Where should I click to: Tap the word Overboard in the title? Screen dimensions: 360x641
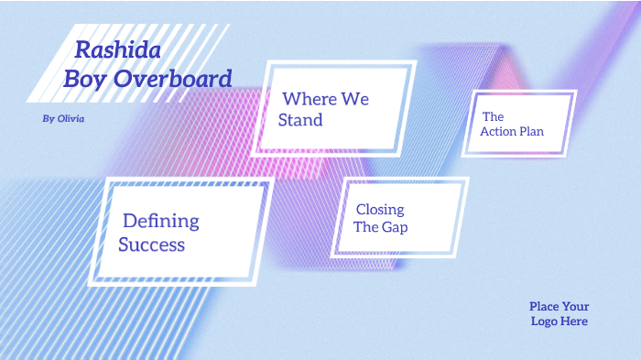click(172, 80)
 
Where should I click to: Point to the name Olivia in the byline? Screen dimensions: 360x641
click(71, 119)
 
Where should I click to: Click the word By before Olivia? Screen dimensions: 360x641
click(49, 119)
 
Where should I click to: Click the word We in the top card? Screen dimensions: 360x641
click(355, 98)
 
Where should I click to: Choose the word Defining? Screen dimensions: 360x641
click(160, 221)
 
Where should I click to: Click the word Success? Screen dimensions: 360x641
click(151, 245)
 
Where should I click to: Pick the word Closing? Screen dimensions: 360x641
click(380, 210)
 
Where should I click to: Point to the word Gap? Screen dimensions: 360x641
click(395, 227)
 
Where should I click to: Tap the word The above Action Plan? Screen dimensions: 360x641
click(493, 117)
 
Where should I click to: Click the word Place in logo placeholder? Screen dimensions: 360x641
click(544, 307)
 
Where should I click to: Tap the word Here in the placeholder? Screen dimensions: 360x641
click(575, 322)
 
